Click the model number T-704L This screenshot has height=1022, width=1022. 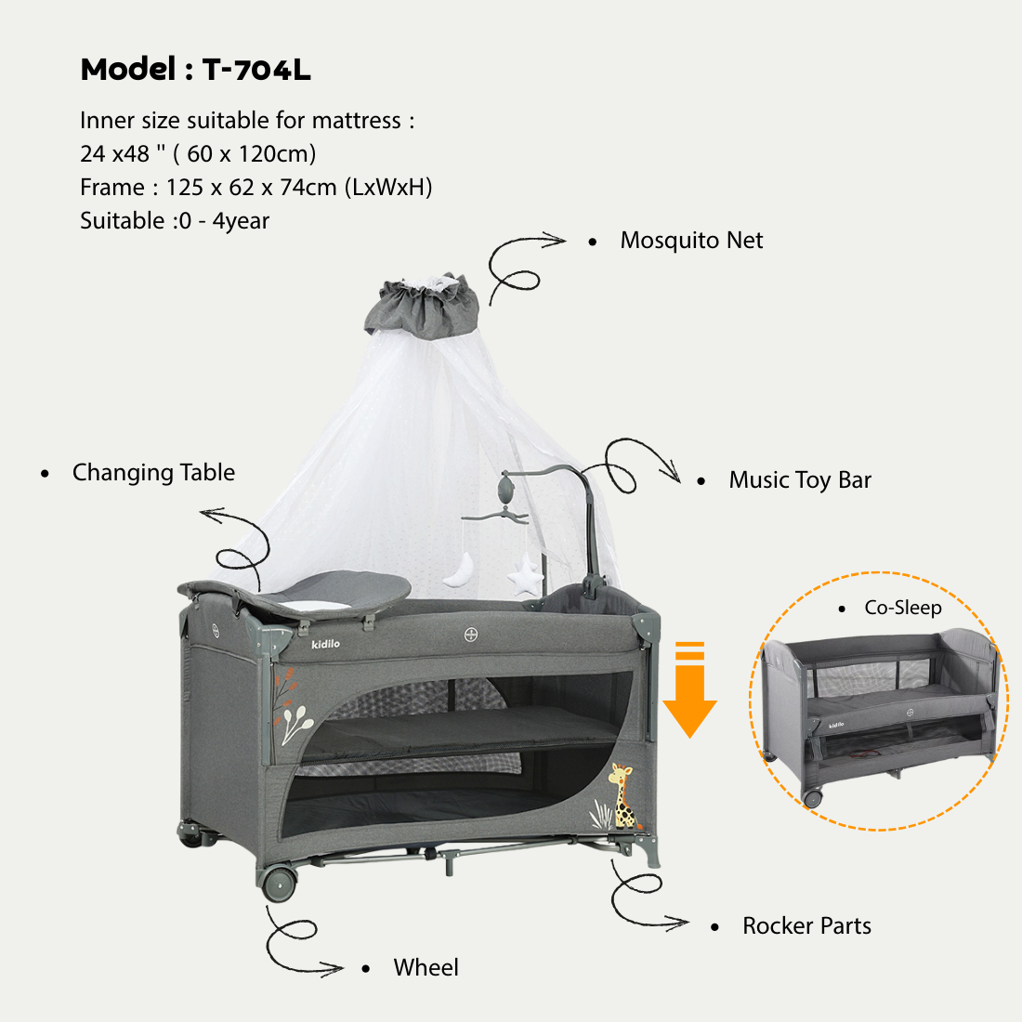tap(256, 70)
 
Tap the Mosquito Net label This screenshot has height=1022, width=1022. tap(691, 241)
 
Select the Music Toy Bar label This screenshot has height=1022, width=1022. tap(800, 480)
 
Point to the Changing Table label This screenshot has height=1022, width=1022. tap(154, 473)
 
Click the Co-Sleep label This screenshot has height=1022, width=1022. tap(903, 608)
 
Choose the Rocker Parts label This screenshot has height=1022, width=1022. tap(806, 925)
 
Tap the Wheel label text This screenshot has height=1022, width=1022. tap(426, 967)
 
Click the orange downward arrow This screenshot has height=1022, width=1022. tap(689, 689)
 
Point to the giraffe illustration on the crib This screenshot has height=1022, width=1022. tap(623, 796)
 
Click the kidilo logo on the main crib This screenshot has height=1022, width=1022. tap(325, 644)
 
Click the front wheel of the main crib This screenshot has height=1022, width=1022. tap(279, 884)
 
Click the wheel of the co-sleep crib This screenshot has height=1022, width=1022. tap(812, 798)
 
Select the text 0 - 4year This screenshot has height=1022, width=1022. tap(224, 221)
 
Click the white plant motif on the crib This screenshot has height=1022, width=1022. tap(297, 725)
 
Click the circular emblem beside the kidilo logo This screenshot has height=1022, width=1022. tap(471, 635)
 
